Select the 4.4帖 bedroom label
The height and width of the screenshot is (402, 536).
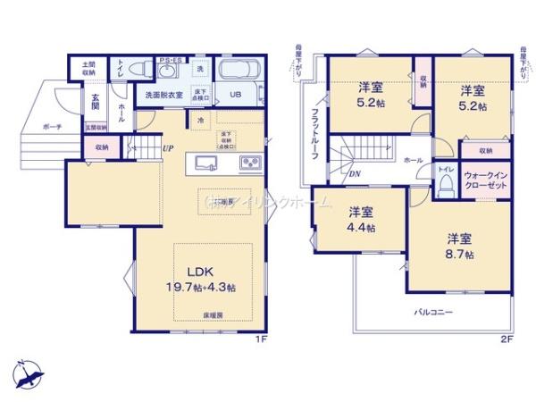(363, 220)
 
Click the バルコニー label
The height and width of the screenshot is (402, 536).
(433, 312)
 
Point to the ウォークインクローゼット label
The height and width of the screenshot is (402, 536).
(485, 179)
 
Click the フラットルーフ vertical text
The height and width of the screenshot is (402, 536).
(315, 135)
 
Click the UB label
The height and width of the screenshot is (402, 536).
(237, 95)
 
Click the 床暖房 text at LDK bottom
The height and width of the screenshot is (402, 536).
(212, 315)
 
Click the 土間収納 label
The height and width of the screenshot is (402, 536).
(88, 68)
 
